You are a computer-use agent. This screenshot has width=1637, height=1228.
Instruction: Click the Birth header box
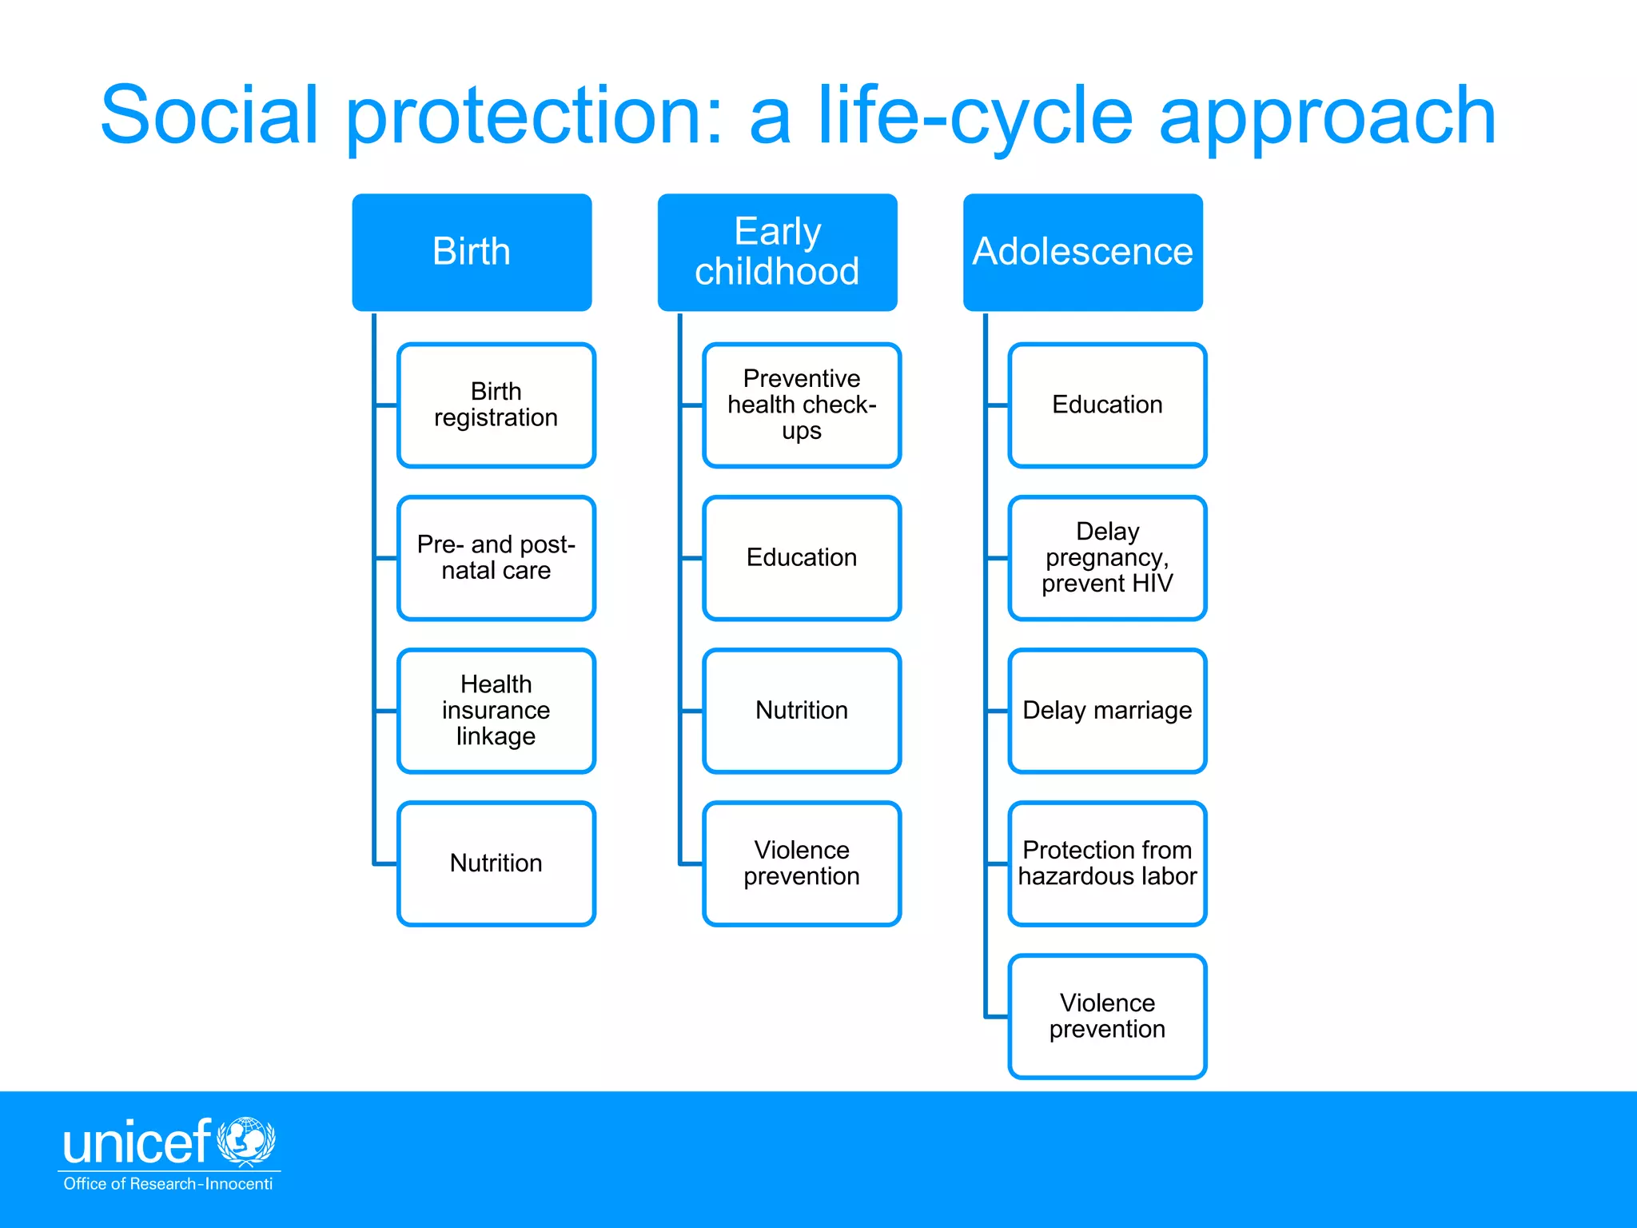click(472, 252)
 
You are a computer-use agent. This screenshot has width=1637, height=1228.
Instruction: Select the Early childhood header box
click(777, 252)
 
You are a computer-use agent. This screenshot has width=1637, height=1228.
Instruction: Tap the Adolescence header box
click(1082, 252)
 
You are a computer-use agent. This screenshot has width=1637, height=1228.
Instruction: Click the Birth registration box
click(496, 405)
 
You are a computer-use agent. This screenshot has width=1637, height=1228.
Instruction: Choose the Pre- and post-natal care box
click(496, 558)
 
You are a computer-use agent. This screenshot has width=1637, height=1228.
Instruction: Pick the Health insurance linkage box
click(496, 711)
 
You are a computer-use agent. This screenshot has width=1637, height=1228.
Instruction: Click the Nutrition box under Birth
click(496, 863)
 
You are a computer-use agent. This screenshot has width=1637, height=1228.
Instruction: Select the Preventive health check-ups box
click(802, 405)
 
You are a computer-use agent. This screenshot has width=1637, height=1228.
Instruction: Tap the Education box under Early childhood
click(802, 558)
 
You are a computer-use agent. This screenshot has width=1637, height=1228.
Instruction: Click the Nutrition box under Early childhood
click(802, 711)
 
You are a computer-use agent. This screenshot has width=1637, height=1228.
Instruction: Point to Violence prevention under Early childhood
click(802, 863)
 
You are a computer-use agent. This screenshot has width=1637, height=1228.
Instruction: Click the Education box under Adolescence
click(1107, 405)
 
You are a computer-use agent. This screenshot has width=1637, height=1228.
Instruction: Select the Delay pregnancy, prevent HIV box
click(1107, 558)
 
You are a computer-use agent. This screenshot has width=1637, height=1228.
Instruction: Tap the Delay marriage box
click(1107, 711)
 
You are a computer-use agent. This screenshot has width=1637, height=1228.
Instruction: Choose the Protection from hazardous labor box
click(1107, 863)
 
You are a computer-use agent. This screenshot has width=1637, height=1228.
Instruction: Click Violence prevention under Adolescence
click(1107, 1016)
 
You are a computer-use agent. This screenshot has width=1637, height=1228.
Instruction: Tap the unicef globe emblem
click(246, 1141)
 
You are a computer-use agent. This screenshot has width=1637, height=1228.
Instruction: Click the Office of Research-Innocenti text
click(168, 1184)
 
